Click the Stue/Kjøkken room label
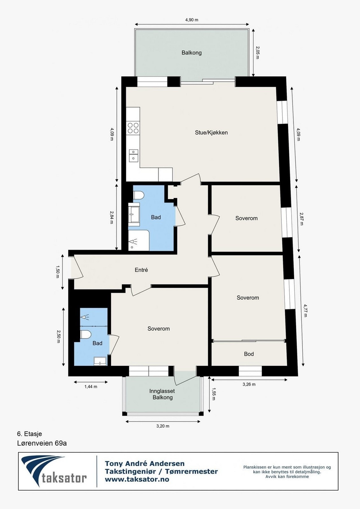tap(211, 133)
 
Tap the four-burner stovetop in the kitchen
tap(133, 128)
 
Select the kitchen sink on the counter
tap(133, 156)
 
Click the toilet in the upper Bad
tap(138, 195)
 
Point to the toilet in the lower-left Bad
tap(86, 335)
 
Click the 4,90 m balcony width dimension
tap(192, 20)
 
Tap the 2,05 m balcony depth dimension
tap(258, 52)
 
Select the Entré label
tap(141, 270)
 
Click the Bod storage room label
tap(249, 354)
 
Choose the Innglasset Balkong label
tap(162, 394)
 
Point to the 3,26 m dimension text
tap(249, 384)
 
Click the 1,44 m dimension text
tap(91, 387)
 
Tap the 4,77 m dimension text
tap(305, 310)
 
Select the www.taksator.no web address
tap(137, 479)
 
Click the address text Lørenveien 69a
tap(42, 443)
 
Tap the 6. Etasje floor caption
tap(30, 434)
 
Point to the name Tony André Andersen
tap(145, 464)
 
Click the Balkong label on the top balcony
tap(192, 53)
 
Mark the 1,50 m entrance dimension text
tap(58, 272)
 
